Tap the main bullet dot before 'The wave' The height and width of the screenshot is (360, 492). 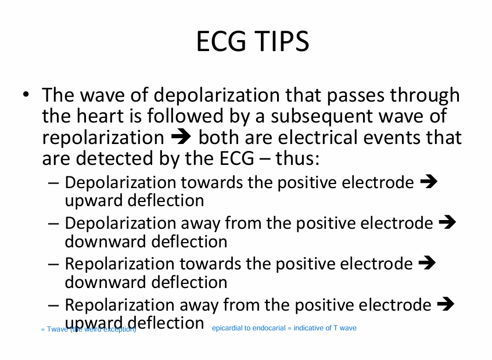click(25, 95)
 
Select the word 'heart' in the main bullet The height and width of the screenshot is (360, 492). click(102, 116)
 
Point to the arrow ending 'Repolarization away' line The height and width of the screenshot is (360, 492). click(444, 304)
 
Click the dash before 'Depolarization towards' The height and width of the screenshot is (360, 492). click(54, 183)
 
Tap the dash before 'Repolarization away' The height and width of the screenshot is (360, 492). click(54, 305)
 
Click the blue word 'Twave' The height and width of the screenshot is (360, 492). click(57, 330)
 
